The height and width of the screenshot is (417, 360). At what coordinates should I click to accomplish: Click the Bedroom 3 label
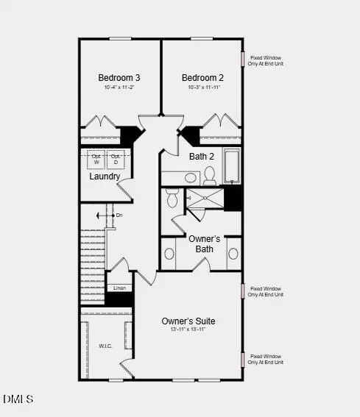click(x=119, y=77)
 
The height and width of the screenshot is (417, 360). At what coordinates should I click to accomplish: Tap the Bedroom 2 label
click(x=202, y=77)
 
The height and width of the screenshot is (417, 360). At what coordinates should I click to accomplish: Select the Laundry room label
click(x=105, y=177)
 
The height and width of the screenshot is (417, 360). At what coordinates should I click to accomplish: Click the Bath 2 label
click(x=202, y=156)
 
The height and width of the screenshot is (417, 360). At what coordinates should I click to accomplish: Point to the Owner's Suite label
click(x=188, y=321)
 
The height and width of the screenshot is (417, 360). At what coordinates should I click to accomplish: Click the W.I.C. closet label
click(x=105, y=346)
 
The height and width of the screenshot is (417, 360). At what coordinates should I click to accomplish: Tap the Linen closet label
click(x=119, y=288)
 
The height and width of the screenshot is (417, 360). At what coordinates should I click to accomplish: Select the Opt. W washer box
click(x=97, y=158)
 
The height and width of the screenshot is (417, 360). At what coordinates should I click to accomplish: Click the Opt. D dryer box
click(x=116, y=158)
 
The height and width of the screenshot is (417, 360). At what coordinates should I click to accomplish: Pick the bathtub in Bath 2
click(x=232, y=166)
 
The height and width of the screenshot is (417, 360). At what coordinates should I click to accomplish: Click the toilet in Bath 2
click(x=210, y=175)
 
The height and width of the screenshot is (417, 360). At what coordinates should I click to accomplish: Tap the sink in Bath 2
click(x=191, y=178)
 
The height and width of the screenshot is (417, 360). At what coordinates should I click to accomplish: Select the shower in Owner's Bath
click(x=204, y=199)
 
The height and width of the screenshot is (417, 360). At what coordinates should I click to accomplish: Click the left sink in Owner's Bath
click(x=170, y=254)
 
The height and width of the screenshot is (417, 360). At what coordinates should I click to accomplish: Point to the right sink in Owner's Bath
click(x=233, y=254)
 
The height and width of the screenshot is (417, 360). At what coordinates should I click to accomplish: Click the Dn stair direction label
click(x=119, y=215)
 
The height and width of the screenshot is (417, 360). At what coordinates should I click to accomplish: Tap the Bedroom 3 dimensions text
click(x=119, y=88)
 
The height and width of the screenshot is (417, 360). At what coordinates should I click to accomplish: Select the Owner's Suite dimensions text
click(x=188, y=330)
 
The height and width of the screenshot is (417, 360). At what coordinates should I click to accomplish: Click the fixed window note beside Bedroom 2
click(x=266, y=60)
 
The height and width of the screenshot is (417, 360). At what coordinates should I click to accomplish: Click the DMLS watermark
click(x=18, y=399)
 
